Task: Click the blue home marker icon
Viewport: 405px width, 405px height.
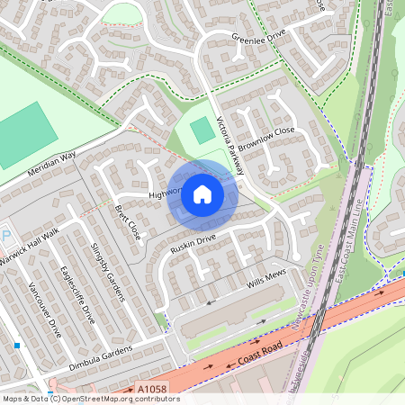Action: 202,194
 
